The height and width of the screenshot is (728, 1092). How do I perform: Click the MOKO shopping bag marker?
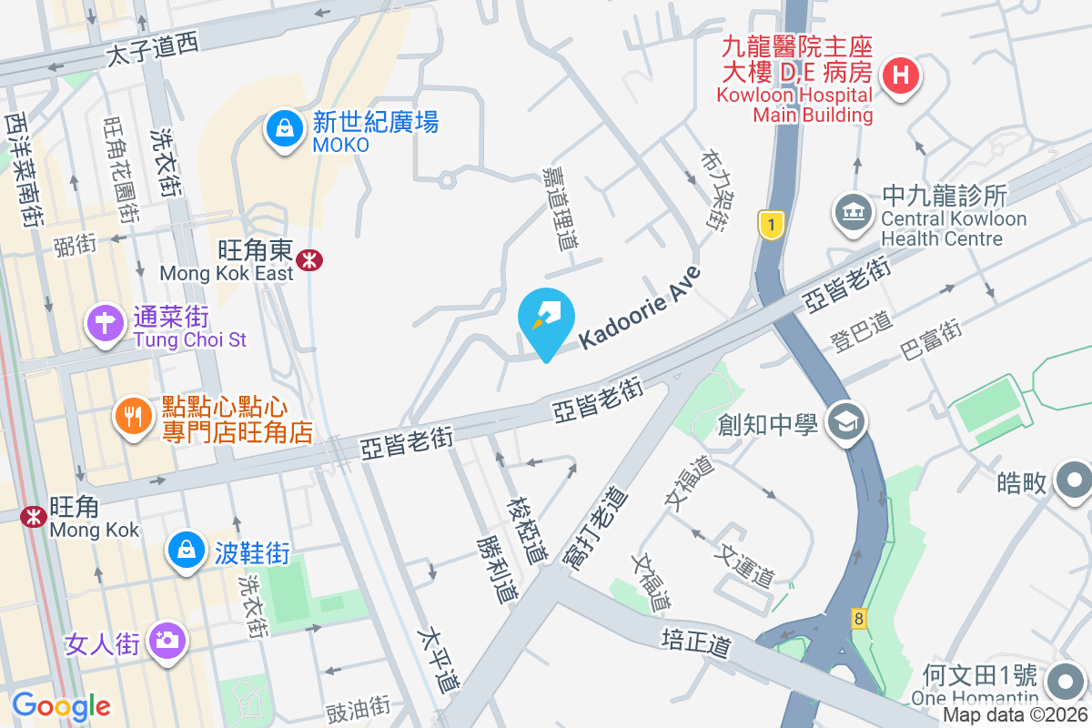(x=286, y=129)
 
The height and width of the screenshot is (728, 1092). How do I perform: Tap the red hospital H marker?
(x=900, y=74)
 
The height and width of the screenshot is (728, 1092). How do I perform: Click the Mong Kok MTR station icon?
(x=35, y=516)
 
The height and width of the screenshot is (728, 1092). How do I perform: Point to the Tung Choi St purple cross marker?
(x=105, y=322)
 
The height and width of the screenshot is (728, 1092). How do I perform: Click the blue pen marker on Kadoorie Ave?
(x=546, y=318)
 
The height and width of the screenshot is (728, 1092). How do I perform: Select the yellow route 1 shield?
(x=771, y=225)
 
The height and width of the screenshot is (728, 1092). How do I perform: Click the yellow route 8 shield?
(x=858, y=618)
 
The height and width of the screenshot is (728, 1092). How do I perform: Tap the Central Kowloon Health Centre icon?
(x=853, y=213)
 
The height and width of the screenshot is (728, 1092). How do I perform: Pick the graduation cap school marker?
(x=847, y=421)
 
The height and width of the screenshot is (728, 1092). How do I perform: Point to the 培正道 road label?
(x=696, y=640)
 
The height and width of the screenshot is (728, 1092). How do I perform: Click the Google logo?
(x=61, y=705)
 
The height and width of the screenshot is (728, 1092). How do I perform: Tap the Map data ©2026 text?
(x=1015, y=715)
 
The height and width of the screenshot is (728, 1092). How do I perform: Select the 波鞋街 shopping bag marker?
(x=187, y=550)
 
